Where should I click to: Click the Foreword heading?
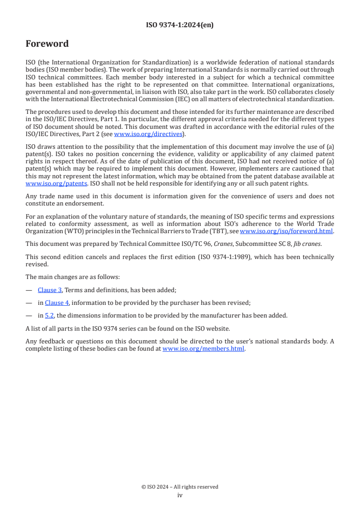(47, 44)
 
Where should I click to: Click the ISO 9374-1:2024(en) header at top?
(180, 25)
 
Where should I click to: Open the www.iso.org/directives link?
(148, 134)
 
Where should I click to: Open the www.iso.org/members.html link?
(203, 349)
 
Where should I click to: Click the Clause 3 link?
(50, 290)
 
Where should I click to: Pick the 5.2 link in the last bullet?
(49, 315)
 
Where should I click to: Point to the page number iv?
(180, 495)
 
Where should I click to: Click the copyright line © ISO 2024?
(180, 487)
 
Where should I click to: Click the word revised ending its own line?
(36, 264)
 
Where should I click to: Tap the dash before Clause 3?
(29, 290)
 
